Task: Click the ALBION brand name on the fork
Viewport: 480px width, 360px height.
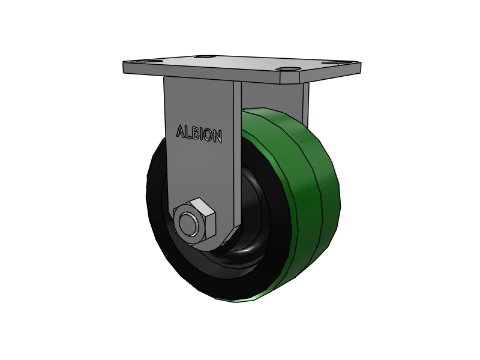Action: (199, 134)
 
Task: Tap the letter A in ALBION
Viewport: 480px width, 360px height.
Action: (179, 131)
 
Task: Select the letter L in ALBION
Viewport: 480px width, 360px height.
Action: (187, 132)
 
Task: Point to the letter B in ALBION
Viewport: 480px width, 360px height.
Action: (194, 133)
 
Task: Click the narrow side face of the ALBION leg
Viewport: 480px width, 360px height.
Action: (236, 150)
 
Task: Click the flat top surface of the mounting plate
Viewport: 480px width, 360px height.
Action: (240, 63)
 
